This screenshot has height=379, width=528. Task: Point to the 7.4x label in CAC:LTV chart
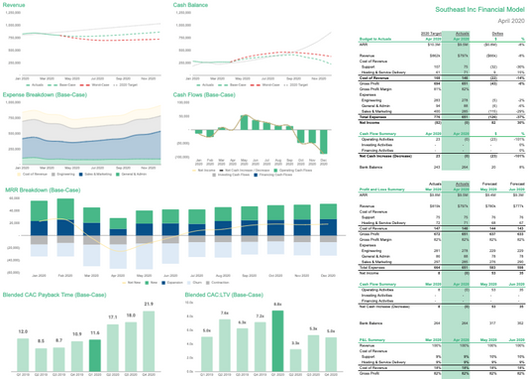pos(225,312)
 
